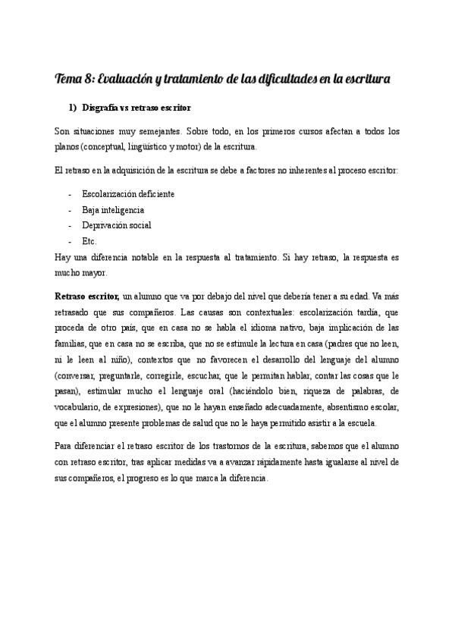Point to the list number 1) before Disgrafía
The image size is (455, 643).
point(74,108)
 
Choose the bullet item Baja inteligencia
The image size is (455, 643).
point(112,209)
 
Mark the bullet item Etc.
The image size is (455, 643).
point(89,241)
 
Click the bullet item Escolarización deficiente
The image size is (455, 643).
point(127,193)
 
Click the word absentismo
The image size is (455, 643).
point(336,407)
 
